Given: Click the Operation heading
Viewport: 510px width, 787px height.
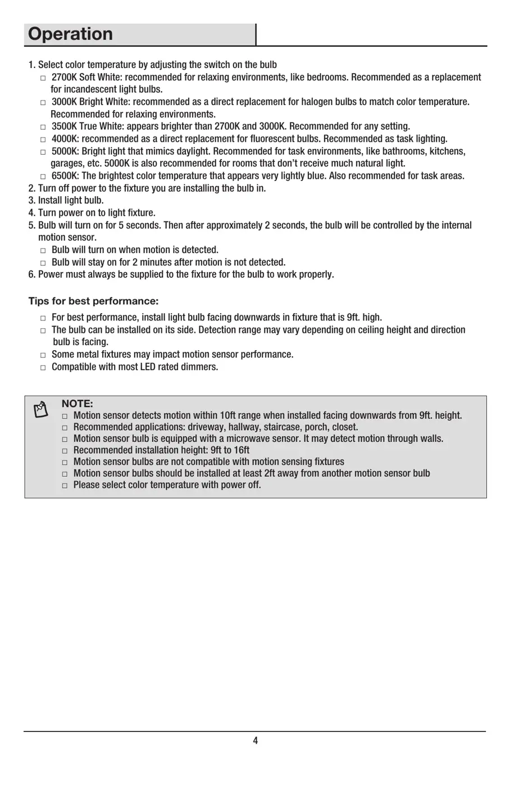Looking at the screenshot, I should click(x=70, y=34).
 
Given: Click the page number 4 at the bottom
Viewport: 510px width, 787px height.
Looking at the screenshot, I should click(x=255, y=740).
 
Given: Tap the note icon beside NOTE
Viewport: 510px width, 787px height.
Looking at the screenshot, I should click(x=40, y=410).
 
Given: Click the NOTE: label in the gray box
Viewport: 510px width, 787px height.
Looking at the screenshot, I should click(x=77, y=404).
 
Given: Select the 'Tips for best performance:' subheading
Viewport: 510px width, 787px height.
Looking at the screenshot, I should click(x=93, y=301).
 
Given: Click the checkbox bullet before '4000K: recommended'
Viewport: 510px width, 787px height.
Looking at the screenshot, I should click(x=43, y=139).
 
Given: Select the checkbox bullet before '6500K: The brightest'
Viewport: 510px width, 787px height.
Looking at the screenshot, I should click(x=43, y=177).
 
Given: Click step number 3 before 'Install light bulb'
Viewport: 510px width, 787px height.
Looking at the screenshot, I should click(x=31, y=200).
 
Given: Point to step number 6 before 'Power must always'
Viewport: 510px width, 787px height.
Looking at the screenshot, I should click(x=31, y=274).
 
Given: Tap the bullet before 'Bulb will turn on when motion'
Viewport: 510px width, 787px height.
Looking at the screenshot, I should click(x=43, y=251).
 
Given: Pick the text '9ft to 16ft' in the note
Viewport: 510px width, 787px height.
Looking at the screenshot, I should click(x=230, y=450).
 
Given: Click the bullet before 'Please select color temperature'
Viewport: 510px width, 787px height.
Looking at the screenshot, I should click(x=65, y=486).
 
